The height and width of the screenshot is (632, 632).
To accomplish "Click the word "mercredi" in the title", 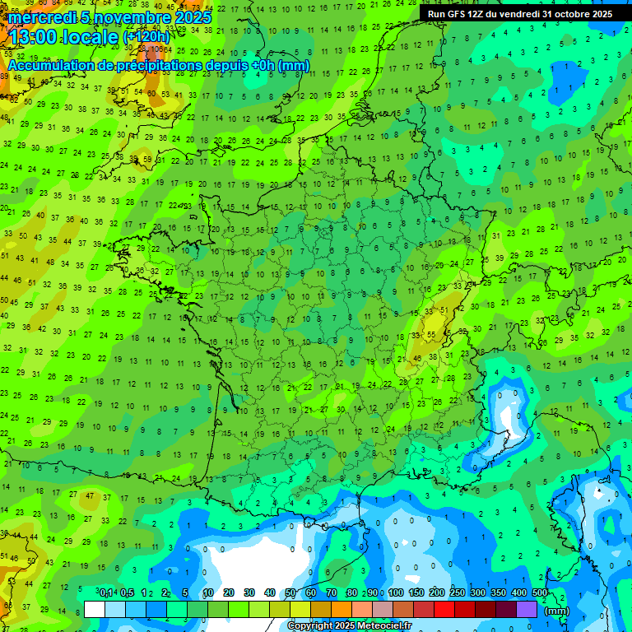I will pos(42,17).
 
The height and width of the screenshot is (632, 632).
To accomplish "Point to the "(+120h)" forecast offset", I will pos(146,36).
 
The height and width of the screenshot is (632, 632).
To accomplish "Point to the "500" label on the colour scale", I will pos(539,593).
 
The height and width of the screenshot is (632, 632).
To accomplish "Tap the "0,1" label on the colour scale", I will pos(106,593).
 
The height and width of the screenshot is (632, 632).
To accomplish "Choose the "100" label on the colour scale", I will pos(396,593).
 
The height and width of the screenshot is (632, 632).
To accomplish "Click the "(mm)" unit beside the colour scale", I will pos(558,611).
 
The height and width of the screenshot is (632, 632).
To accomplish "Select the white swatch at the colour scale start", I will pos(95,609).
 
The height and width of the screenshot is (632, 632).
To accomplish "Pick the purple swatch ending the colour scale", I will pos(527,609).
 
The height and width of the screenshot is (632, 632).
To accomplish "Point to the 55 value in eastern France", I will pos(432,335).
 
